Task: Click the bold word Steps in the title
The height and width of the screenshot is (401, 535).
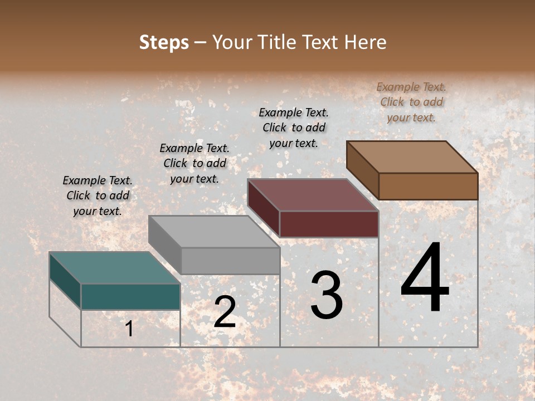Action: [164, 42]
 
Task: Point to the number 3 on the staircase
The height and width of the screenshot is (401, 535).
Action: [326, 296]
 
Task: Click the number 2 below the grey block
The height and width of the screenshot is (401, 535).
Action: [225, 312]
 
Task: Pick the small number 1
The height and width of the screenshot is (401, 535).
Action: [129, 329]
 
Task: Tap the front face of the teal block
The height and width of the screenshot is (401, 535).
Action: [130, 296]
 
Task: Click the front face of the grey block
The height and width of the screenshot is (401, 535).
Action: [230, 261]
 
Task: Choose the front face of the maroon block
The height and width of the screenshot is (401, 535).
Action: [329, 224]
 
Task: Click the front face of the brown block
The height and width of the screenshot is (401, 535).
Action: [428, 186]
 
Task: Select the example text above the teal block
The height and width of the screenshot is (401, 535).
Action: [98, 195]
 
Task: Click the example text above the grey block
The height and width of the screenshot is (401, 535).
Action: [194, 163]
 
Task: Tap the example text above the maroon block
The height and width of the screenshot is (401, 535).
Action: [294, 128]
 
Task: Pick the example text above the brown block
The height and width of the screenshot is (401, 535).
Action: [411, 102]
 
